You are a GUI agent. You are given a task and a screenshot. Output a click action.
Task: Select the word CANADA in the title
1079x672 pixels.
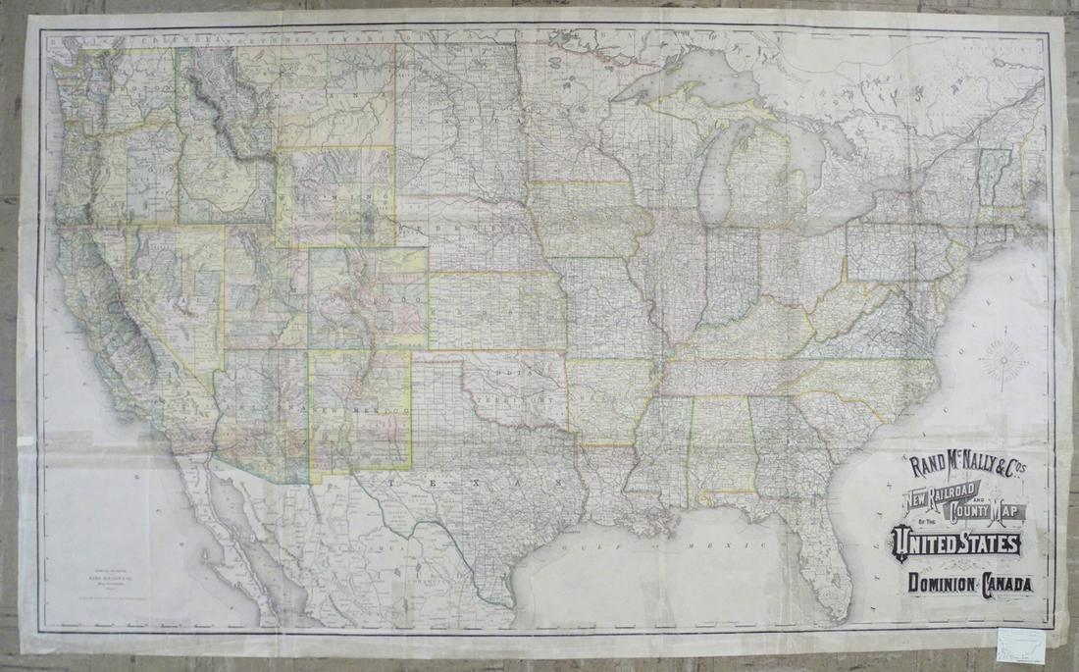[1002, 585]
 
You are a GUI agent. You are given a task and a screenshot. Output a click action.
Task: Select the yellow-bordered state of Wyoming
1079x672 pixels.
[334, 196]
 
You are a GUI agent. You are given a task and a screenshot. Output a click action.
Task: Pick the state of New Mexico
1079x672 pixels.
[359, 407]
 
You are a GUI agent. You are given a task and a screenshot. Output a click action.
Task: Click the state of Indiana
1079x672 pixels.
[731, 275]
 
